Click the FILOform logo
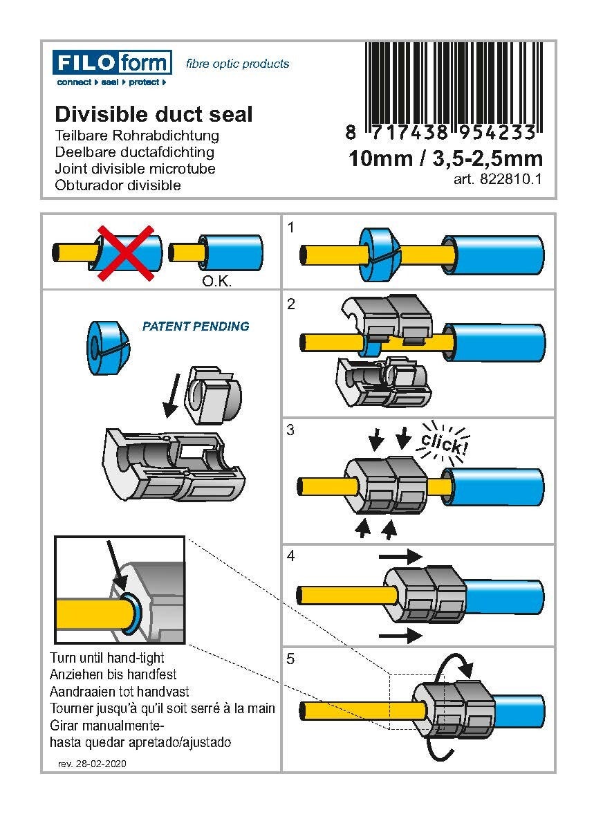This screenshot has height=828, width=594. tap(112, 64)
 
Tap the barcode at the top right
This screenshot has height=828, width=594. tap(454, 83)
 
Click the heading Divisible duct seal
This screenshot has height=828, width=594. tap(154, 114)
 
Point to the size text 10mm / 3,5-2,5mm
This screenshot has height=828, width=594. tap(445, 159)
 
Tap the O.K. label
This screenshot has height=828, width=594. tap(216, 282)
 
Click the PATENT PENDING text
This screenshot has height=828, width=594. tap(196, 326)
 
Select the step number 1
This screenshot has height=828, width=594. tap(291, 226)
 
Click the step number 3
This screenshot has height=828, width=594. tap(291, 430)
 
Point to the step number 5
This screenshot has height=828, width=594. tap(291, 659)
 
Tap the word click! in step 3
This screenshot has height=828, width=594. tap(443, 441)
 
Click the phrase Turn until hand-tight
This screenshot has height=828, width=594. tap(107, 657)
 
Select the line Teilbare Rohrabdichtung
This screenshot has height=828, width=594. tap(136, 136)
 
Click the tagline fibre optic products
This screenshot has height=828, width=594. tap(237, 64)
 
